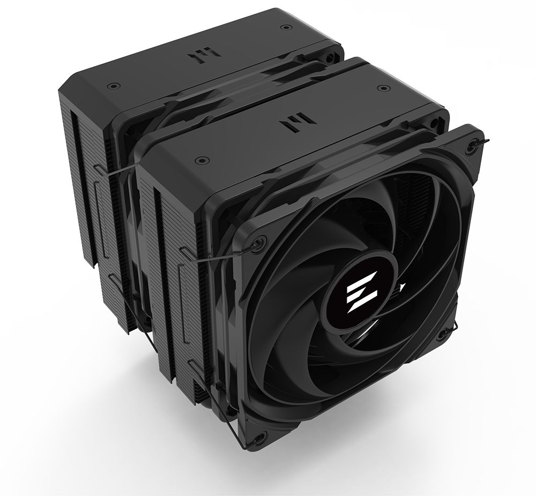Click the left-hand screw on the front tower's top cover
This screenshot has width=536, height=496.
200,159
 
